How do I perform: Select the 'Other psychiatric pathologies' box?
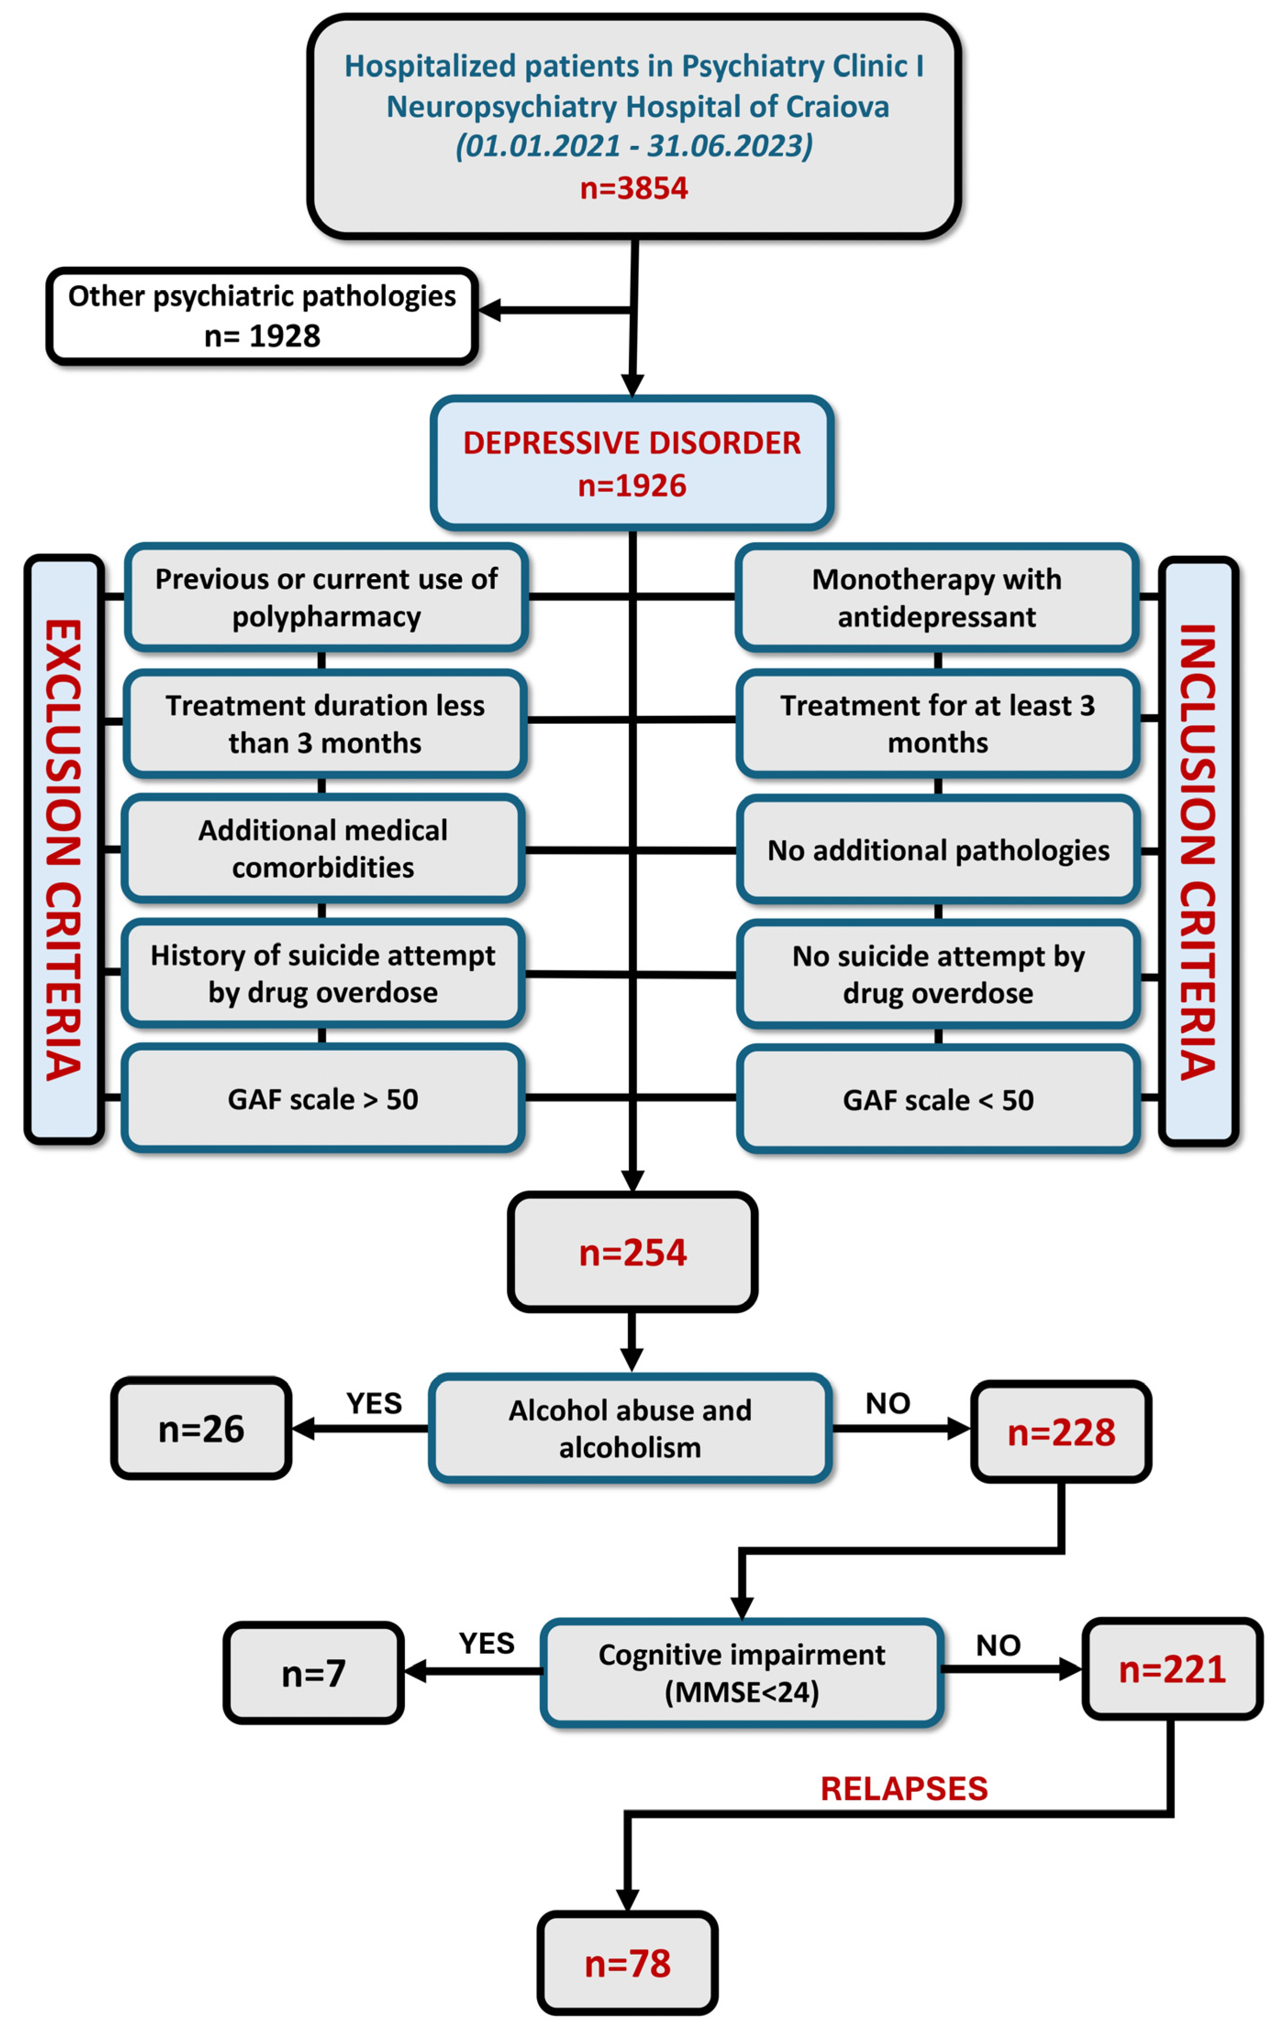(262, 316)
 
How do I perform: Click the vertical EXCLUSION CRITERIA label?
(64, 849)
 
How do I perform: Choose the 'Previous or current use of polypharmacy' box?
(327, 598)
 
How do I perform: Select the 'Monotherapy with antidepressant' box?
(937, 598)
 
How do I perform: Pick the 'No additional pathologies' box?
(938, 850)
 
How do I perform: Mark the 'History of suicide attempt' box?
(323, 974)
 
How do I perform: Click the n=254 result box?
(632, 1252)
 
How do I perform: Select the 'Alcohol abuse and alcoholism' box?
(630, 1429)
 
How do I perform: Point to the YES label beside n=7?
(487, 1643)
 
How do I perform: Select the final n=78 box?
(627, 1963)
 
